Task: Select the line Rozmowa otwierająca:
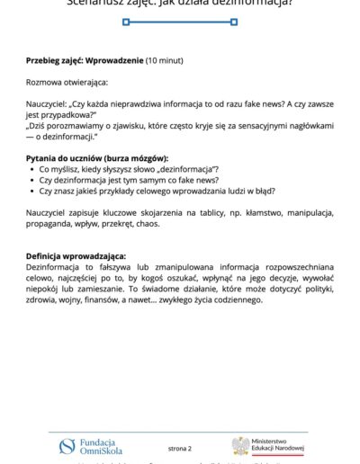69,83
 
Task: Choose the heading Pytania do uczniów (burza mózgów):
97,158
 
